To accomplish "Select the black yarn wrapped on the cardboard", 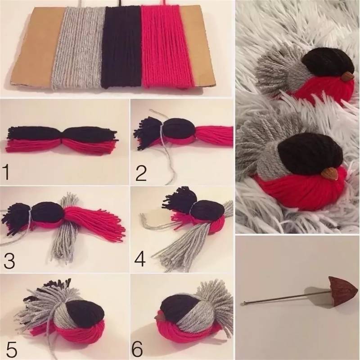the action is [x=121, y=47].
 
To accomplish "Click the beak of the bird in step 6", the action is [x=159, y=317].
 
